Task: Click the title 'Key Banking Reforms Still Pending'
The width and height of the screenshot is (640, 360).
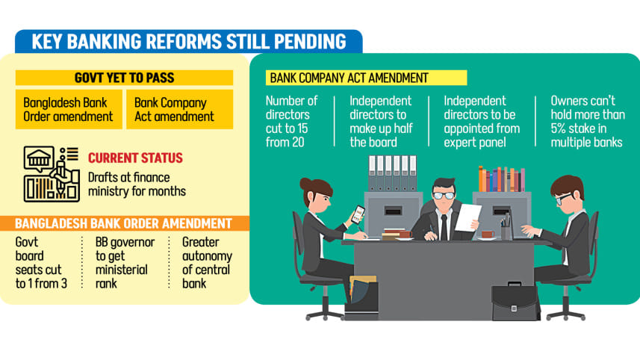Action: pos(188,41)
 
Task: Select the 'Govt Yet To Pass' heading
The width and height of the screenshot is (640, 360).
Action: pos(124,78)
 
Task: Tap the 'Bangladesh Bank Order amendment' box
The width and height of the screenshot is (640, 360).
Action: pos(68,110)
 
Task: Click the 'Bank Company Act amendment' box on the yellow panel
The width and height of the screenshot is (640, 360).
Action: pos(178,110)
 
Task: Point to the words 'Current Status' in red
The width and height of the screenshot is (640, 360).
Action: pos(135,158)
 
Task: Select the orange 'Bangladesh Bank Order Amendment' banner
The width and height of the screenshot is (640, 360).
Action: pos(123,223)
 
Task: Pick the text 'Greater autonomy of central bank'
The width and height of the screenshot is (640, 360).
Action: pos(207,263)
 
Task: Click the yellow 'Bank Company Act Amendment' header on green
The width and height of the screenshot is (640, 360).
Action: pos(366,78)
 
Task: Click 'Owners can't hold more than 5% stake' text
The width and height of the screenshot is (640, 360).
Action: pos(586,121)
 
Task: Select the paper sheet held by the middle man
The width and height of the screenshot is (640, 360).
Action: pos(468,217)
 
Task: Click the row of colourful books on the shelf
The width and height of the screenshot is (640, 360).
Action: pos(501,179)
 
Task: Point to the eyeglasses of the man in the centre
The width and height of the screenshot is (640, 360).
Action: pos(444,196)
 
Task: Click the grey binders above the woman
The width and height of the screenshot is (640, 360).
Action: pos(391,173)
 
